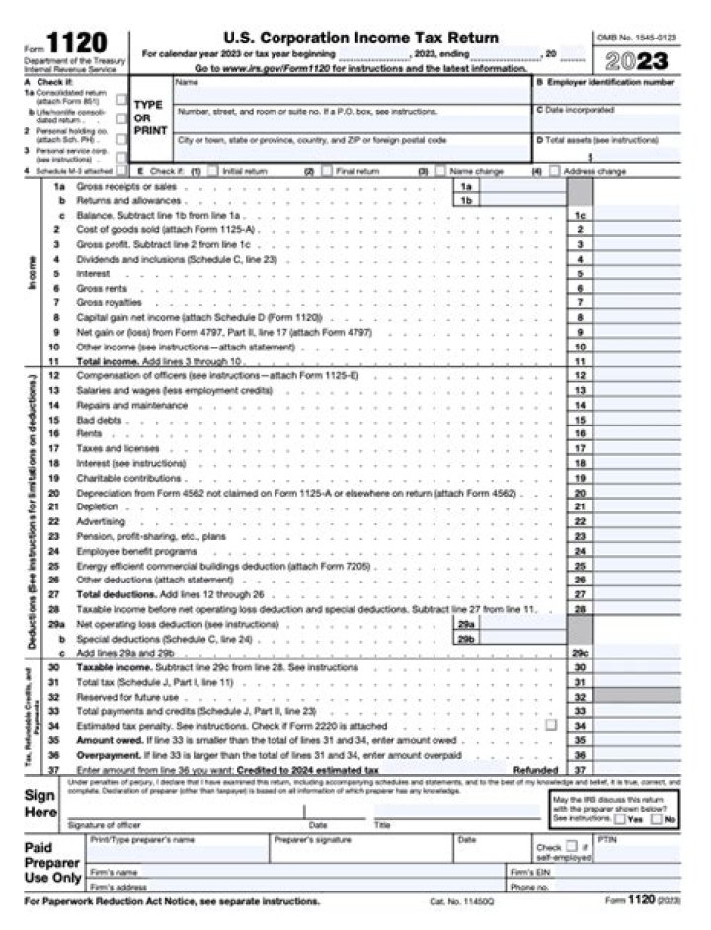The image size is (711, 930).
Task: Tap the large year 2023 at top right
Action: tap(637, 60)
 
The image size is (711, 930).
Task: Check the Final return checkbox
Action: tap(325, 171)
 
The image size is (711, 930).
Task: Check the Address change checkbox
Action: tap(554, 171)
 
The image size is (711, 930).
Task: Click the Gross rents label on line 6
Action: tap(100, 288)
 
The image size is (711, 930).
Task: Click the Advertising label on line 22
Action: tap(100, 521)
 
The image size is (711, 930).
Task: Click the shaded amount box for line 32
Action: tap(638, 696)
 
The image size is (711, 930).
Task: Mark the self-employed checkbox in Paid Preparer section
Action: tap(571, 846)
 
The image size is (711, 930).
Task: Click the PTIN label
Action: tap(607, 839)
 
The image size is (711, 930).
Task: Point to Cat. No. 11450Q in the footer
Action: tap(454, 902)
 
